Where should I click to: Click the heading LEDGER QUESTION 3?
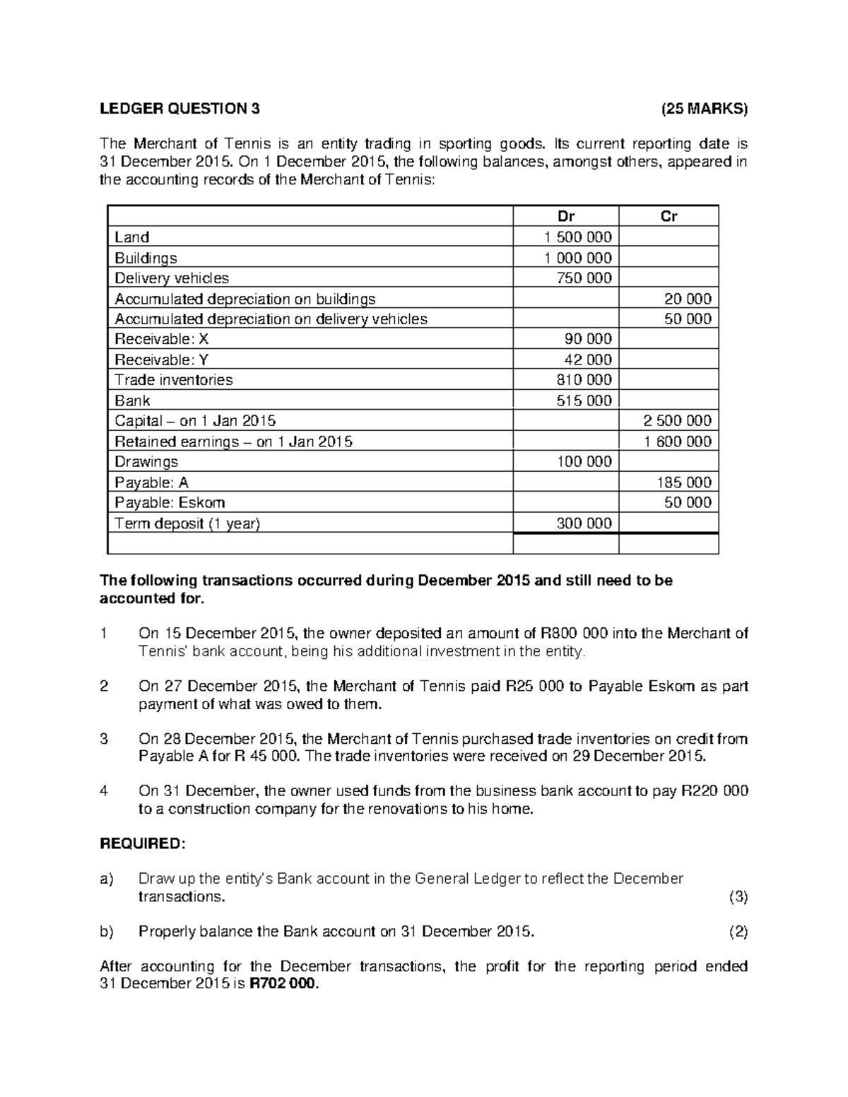[x=179, y=109]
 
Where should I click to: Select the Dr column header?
[x=565, y=217]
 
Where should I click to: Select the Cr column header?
[x=669, y=217]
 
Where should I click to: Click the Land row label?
[x=132, y=237]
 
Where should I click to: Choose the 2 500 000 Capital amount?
[x=677, y=421]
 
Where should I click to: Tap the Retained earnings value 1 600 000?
[x=677, y=441]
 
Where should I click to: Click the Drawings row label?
[x=146, y=462]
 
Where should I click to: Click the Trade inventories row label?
[x=174, y=380]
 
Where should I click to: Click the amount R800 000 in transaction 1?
[x=573, y=633]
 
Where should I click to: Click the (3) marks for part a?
[x=738, y=897]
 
